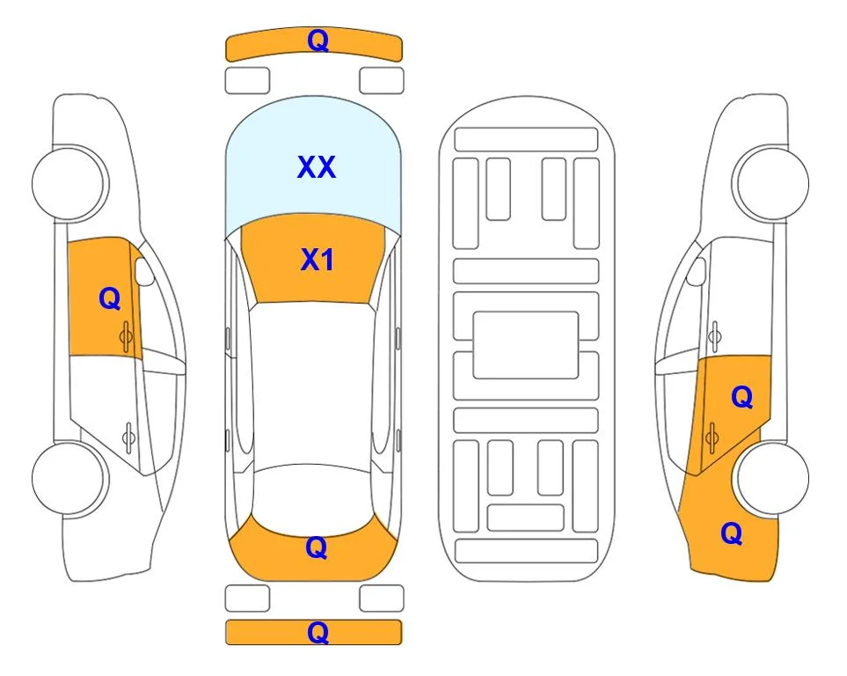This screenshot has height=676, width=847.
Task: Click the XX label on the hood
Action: coord(317,167)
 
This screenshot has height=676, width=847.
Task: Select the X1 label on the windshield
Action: coord(318,260)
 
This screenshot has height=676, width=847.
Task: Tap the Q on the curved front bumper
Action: coord(318,40)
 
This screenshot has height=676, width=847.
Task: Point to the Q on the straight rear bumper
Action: coord(318,632)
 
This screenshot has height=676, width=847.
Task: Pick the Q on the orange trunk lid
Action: coord(316,547)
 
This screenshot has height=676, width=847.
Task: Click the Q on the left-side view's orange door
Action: coord(110,298)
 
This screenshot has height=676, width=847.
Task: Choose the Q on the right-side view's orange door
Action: coord(741,397)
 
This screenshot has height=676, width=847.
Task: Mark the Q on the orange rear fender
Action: coord(732,533)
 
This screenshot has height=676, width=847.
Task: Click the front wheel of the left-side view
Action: coord(69,183)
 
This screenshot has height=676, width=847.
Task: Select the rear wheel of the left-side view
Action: coord(69,478)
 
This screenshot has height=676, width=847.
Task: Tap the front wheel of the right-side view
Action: coord(772,183)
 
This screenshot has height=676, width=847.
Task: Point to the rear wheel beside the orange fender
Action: coord(772,478)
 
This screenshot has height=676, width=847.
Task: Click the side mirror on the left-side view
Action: coord(143,271)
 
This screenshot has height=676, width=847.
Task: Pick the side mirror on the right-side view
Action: coord(697,271)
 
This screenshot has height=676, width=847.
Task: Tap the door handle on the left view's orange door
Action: coord(127,336)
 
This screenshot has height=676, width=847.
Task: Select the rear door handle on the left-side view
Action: coord(128,437)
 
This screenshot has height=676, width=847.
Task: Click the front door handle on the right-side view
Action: coord(715,336)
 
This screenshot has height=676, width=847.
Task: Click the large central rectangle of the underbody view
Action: coord(526,345)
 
